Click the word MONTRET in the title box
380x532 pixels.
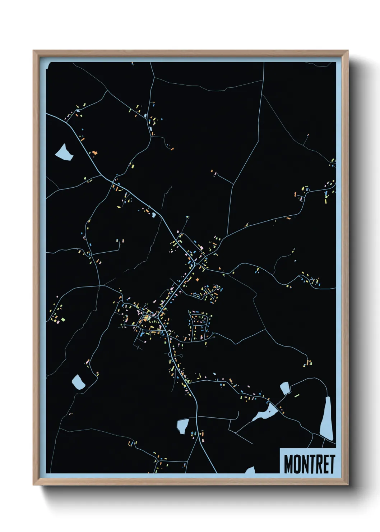(309, 464)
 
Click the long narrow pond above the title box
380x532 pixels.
(327, 419)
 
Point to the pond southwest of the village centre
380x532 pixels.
(78, 381)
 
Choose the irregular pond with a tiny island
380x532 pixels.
(265, 413)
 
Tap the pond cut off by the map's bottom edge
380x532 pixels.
(250, 470)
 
